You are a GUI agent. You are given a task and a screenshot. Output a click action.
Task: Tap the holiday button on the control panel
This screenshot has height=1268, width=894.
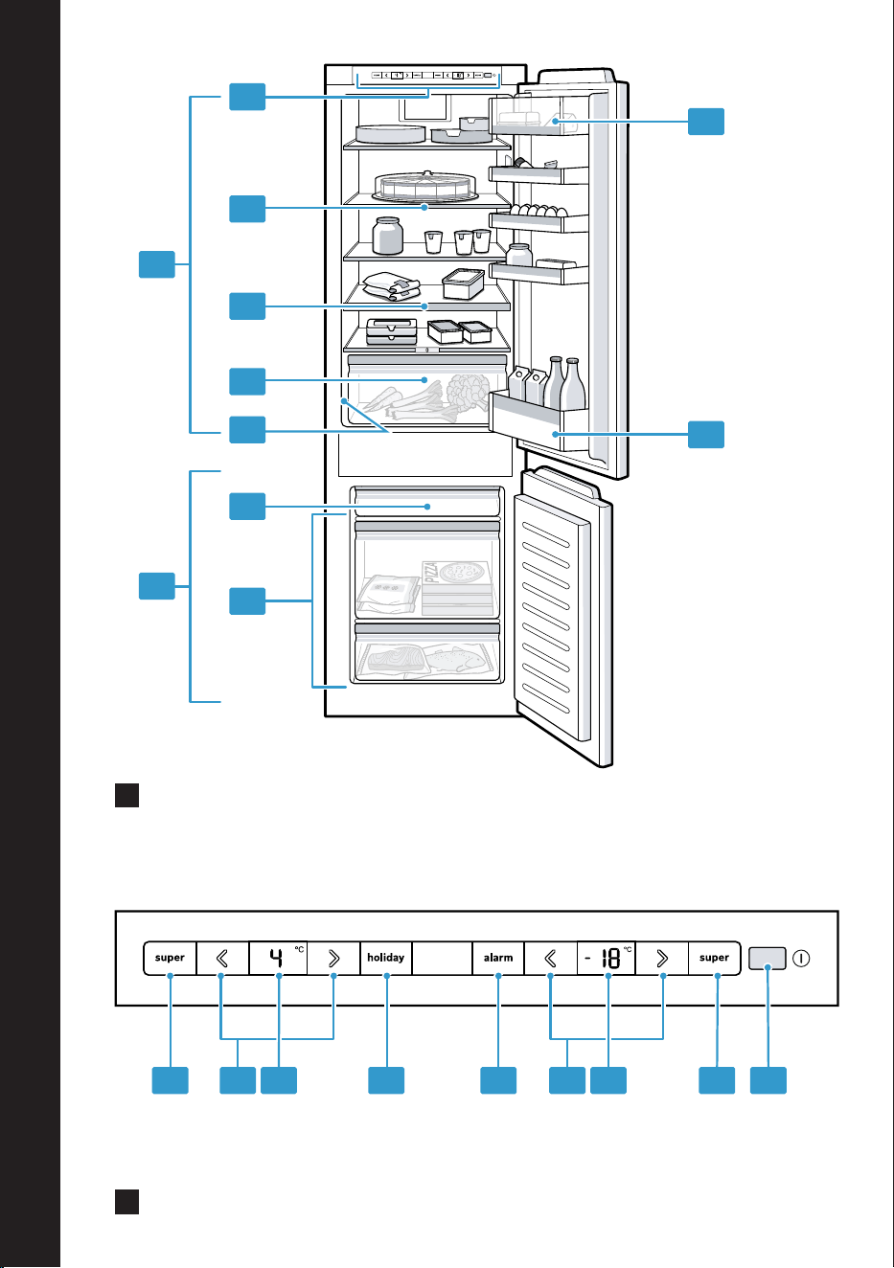pos(386,958)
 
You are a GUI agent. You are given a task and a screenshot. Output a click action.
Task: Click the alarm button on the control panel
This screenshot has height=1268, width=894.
pos(498,958)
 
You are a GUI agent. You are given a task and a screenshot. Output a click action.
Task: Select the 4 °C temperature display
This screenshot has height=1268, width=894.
pos(278,958)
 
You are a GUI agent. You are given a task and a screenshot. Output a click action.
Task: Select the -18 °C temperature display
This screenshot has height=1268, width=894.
pos(607,958)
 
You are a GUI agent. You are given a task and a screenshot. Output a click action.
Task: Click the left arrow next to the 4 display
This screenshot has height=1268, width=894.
pos(222,958)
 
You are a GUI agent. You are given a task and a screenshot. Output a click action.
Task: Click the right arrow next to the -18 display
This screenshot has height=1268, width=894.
pos(662,958)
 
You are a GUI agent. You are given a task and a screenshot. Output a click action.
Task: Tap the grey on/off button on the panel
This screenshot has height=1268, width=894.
pos(768,958)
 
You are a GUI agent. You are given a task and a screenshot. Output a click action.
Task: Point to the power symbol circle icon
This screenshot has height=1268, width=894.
pos(801,959)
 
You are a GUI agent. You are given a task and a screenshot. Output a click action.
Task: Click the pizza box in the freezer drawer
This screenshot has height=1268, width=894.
pos(457,588)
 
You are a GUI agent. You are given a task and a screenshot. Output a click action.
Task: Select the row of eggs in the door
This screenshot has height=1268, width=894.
pos(539,211)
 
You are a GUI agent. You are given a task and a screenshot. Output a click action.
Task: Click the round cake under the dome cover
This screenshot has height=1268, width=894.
pos(424,186)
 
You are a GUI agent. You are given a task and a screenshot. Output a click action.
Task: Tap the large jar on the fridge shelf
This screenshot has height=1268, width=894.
pos(387,236)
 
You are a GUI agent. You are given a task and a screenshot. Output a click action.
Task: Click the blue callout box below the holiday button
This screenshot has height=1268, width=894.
pos(386,1080)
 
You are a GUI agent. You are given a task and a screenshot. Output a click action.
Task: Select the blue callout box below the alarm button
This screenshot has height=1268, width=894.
pos(498,1080)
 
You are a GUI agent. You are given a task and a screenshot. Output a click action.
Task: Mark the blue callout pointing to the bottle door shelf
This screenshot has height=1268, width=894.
pos(706,434)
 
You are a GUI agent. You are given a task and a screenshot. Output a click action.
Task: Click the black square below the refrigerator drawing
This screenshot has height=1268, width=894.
pos(126,795)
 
